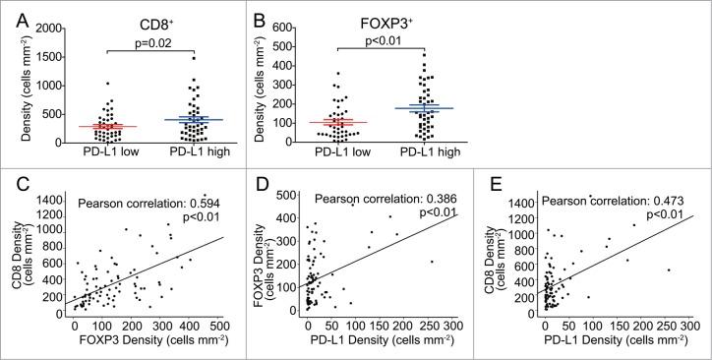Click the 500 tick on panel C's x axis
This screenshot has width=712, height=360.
(224, 324)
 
